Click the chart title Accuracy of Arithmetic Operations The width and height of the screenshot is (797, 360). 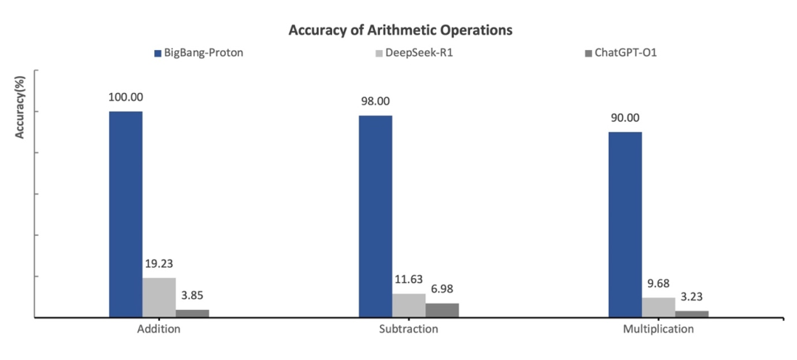click(x=401, y=31)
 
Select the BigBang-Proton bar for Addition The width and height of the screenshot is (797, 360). click(x=125, y=214)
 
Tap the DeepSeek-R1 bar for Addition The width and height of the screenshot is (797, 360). click(x=159, y=297)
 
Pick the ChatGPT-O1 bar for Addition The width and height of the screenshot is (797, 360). click(x=192, y=314)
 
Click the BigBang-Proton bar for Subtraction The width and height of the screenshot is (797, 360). click(x=375, y=216)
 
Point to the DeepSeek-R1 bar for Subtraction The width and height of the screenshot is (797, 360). click(x=408, y=305)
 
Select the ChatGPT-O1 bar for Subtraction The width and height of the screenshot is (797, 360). click(x=442, y=311)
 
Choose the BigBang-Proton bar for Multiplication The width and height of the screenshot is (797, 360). click(x=624, y=224)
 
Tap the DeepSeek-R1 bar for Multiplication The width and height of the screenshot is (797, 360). click(x=658, y=308)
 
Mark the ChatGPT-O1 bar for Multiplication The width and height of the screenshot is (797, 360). click(x=691, y=314)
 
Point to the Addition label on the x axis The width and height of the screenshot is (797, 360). click(x=159, y=329)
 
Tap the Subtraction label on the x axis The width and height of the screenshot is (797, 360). click(x=408, y=329)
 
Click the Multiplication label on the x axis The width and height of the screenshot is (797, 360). click(x=658, y=329)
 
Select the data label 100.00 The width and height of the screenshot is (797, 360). click(x=125, y=97)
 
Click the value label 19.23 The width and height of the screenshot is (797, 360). click(x=159, y=263)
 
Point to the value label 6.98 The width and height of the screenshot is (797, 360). click(x=442, y=288)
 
